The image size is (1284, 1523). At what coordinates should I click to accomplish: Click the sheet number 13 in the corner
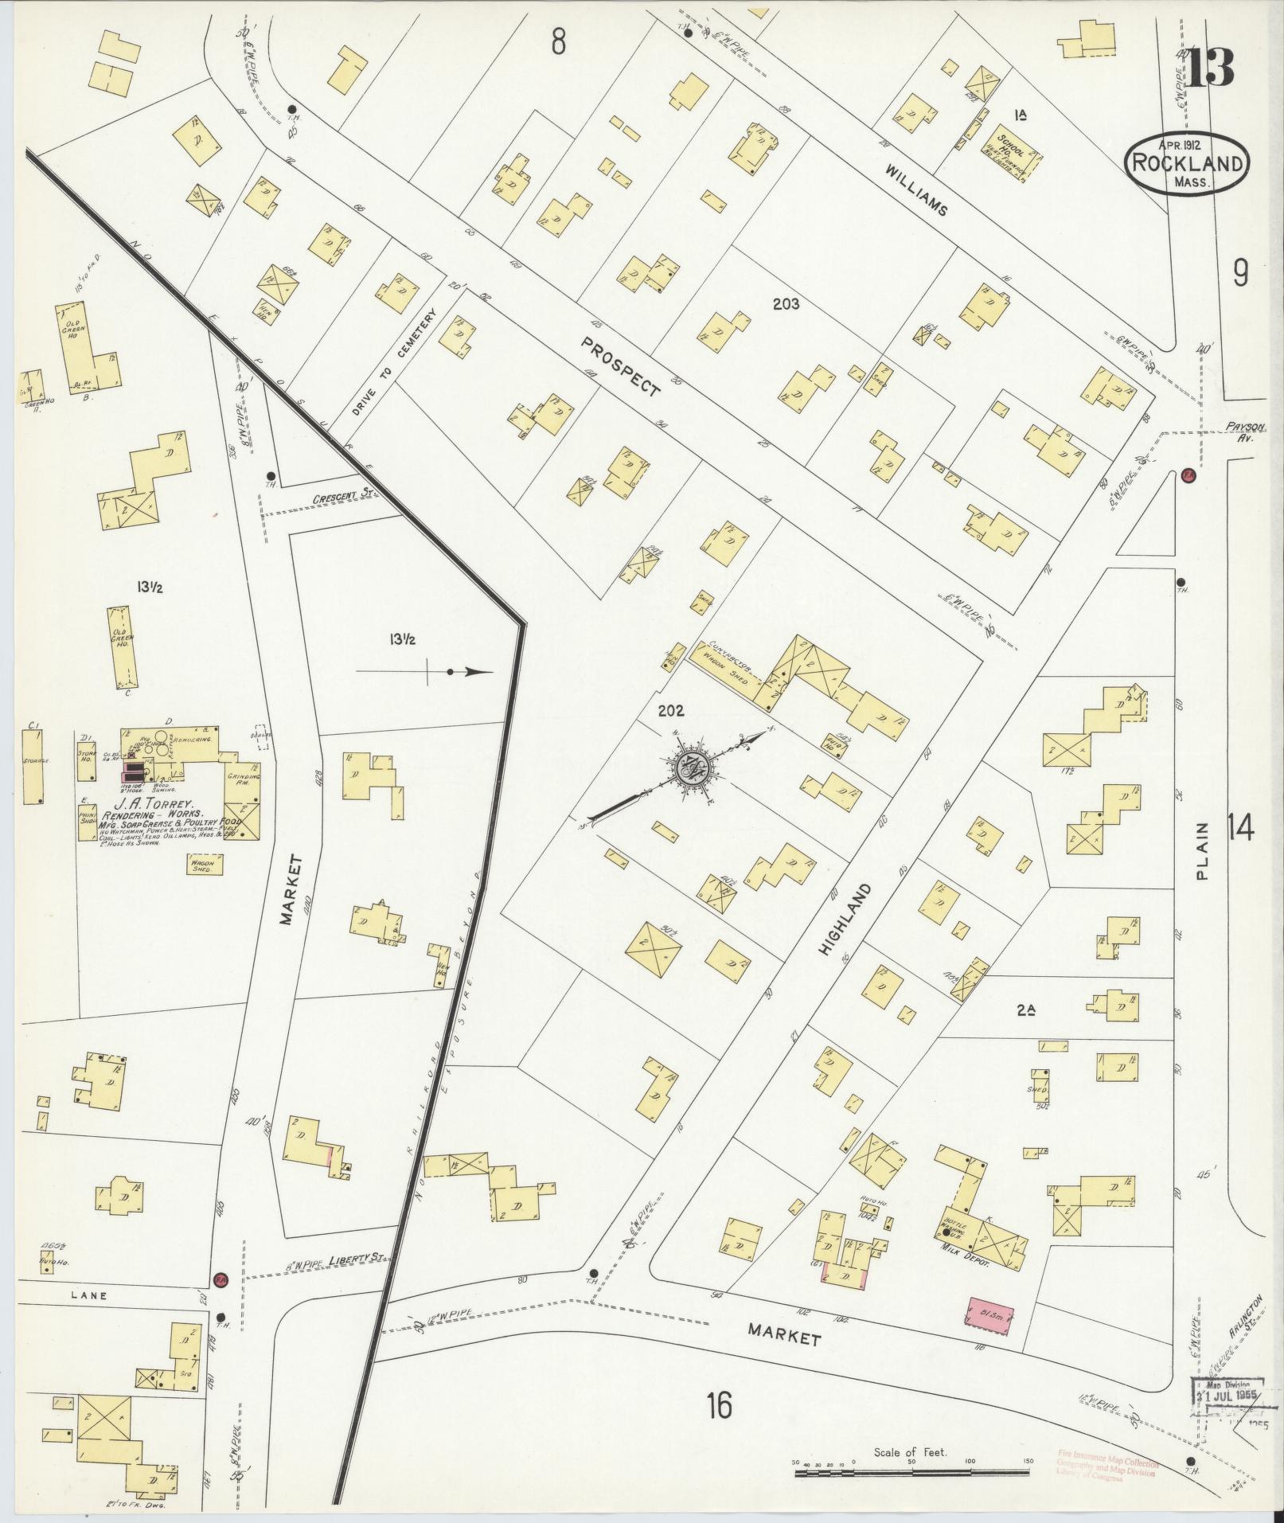coord(1211,67)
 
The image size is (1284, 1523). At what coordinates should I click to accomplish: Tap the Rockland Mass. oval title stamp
coord(1186,163)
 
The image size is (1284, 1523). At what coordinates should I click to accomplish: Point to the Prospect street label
coord(620,366)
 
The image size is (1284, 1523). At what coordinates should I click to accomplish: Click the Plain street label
coord(1203,852)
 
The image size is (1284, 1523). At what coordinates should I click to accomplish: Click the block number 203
coord(785,303)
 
